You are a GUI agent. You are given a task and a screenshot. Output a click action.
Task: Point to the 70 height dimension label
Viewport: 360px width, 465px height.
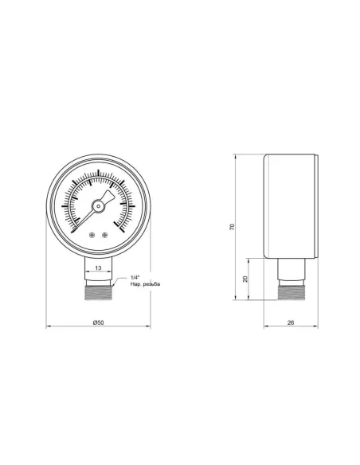click(232, 228)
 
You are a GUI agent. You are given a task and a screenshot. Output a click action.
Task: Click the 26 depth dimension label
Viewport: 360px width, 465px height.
click(292, 322)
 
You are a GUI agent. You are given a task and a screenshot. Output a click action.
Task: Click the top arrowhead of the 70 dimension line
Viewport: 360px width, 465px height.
click(237, 155)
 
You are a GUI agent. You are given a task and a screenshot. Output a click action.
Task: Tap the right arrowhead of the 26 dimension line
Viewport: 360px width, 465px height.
click(319, 327)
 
